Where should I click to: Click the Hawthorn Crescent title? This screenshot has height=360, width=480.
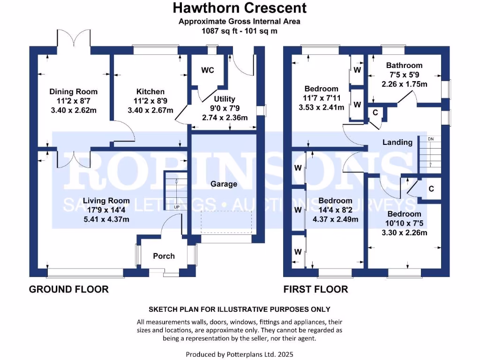[240, 8]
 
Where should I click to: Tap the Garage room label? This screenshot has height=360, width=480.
[224, 184]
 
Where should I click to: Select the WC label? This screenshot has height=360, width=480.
[208, 70]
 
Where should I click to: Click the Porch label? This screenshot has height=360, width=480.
[164, 256]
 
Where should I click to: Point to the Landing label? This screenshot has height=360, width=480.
[397, 142]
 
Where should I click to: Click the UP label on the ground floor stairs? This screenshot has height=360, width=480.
[176, 207]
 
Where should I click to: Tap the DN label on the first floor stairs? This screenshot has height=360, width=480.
[431, 139]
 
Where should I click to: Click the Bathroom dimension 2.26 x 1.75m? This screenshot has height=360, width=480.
[404, 84]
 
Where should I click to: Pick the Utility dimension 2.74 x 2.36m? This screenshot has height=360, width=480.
[225, 118]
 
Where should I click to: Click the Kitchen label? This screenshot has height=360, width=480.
[150, 91]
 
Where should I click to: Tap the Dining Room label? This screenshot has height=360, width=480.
[74, 91]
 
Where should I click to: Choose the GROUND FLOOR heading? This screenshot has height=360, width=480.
[69, 289]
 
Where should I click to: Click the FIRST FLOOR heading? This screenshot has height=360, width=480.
[316, 289]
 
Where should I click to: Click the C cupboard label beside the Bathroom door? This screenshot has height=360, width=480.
[375, 112]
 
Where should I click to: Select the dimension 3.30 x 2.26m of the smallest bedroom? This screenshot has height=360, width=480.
[404, 232]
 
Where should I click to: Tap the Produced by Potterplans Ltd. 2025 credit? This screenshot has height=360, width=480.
[240, 354]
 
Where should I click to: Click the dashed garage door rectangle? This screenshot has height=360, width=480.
[226, 222]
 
